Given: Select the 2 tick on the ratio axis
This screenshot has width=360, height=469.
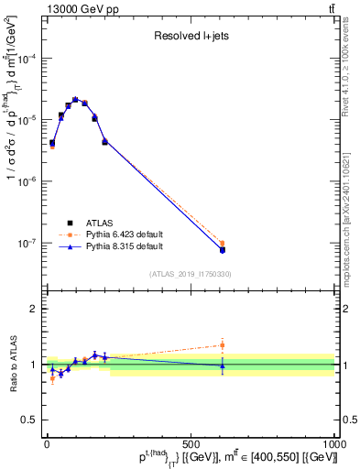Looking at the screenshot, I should tap(34, 309).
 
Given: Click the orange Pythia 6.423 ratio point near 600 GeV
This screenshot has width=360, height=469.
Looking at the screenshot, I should tap(222, 345).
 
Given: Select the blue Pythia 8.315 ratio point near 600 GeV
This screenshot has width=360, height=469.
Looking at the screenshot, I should tap(222, 365).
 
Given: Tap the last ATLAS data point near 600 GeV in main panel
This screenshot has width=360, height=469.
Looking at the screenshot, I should tap(222, 249).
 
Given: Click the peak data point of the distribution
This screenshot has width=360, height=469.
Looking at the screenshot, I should tap(75, 99).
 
